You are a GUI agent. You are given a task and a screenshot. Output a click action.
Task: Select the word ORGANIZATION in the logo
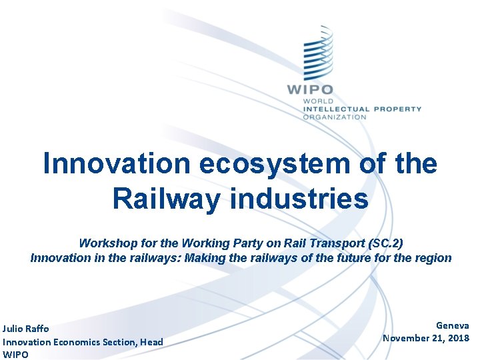[335, 117]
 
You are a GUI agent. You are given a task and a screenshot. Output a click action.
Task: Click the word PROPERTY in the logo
[397, 109]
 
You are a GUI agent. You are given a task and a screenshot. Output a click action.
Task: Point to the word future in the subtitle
[361, 257]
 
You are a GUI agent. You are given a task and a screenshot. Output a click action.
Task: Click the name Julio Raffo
[26, 329]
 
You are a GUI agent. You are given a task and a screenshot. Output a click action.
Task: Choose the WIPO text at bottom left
[15, 355]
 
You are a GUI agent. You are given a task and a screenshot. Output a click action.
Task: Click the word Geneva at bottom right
[452, 325]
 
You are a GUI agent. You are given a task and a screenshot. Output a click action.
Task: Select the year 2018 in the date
[458, 338]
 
